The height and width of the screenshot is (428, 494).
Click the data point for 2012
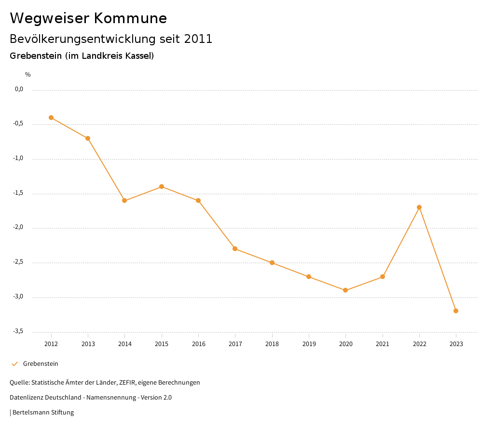tap(51, 118)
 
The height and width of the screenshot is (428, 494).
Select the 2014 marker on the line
tap(124, 201)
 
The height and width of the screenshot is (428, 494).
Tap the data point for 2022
tap(419, 207)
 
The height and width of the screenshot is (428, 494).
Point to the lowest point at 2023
tap(456, 311)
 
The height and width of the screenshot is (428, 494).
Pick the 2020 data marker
tap(345, 290)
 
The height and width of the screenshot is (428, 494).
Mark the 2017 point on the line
tap(235, 249)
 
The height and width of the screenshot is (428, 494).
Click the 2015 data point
tap(162, 187)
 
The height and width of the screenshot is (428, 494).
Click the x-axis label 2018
tap(272, 344)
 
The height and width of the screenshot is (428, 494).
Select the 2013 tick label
tap(88, 344)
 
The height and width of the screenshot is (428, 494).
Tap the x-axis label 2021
tap(383, 344)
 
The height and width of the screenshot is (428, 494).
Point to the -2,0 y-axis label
tap(19, 227)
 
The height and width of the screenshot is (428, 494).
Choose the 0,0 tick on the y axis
tap(19, 89)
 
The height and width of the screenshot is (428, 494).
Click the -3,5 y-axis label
tap(19, 331)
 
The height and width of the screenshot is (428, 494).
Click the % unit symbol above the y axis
tap(28, 75)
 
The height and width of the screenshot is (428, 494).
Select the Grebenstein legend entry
tap(41, 364)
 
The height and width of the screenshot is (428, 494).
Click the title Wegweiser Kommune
tap(88, 18)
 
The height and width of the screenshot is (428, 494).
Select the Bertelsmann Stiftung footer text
tap(43, 413)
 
